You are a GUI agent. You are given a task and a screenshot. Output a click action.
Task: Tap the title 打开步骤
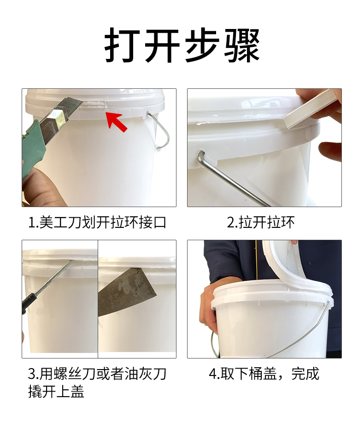[x=182, y=45]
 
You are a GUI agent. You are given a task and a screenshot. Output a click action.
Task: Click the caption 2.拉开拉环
[x=260, y=223]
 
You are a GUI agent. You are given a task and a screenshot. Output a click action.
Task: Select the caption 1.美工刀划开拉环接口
[x=97, y=223]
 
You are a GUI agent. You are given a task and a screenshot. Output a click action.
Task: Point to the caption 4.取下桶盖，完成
[x=264, y=374]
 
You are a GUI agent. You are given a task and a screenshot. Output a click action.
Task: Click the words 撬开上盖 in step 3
[x=56, y=391]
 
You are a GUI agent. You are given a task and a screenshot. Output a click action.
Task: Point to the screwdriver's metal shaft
[x=55, y=277]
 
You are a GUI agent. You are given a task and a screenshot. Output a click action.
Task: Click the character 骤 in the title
[x=242, y=45]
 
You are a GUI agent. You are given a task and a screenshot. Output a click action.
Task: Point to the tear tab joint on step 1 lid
[x=93, y=104]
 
